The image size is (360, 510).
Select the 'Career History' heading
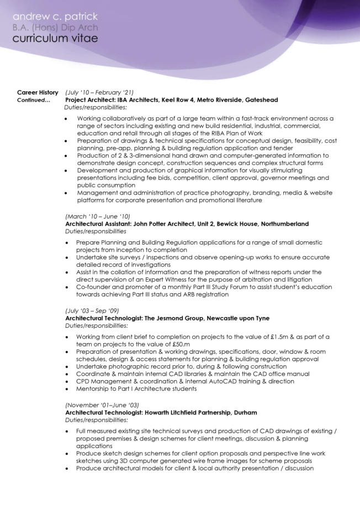tap(38, 92)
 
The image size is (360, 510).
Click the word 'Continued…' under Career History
tap(34, 100)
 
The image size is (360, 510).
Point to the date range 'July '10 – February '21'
tap(99, 92)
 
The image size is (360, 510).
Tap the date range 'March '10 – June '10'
tap(98, 216)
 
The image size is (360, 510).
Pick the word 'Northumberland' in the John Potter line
tap(283, 224)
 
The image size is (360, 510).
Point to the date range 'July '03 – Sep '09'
tap(92, 311)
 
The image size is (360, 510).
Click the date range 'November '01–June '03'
tap(102, 405)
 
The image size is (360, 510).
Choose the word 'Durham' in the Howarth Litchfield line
tap(245, 413)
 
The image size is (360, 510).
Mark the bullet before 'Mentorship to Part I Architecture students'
tap(67, 389)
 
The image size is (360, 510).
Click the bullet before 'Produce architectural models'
tap(67, 469)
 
